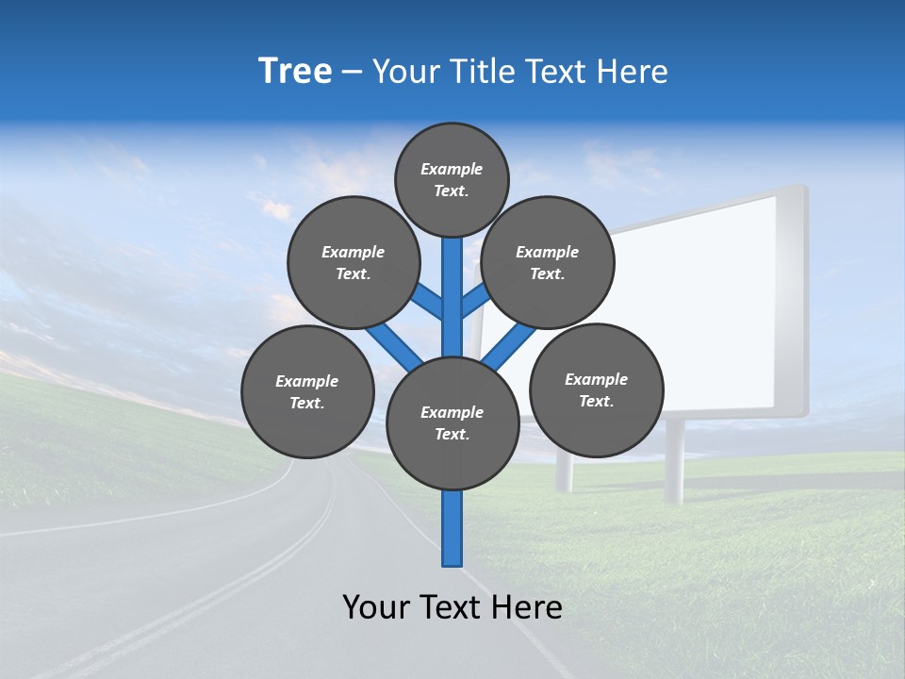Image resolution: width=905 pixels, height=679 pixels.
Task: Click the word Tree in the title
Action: click(295, 71)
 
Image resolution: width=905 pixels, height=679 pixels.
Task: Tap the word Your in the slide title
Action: click(406, 71)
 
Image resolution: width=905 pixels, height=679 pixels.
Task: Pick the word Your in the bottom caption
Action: click(374, 606)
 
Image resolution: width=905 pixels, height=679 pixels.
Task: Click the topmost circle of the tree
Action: click(452, 179)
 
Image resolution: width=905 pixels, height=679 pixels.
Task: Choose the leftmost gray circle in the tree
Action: click(307, 391)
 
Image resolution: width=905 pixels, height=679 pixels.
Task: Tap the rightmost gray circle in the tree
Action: click(596, 389)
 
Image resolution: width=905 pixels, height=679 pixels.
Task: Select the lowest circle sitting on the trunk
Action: click(452, 423)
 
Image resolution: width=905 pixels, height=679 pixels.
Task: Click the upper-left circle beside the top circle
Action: click(354, 262)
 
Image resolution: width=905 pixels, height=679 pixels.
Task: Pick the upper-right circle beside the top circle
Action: click(547, 262)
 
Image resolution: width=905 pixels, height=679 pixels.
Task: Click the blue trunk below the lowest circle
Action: click(452, 528)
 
